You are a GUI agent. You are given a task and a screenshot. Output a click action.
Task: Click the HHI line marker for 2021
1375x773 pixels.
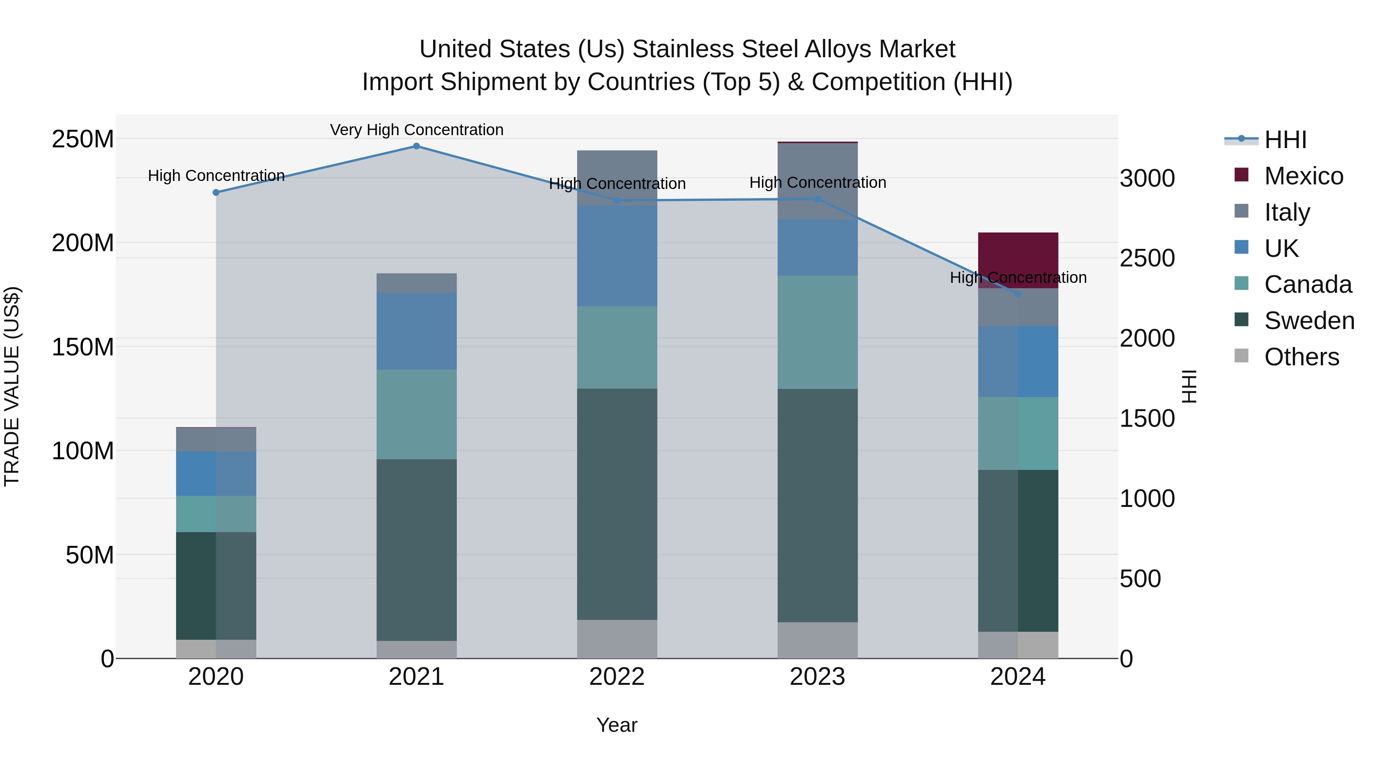coord(416,146)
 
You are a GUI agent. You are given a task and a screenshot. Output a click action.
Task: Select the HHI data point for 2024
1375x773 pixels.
coord(1017,294)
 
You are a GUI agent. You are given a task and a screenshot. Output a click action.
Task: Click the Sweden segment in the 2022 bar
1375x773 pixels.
coord(617,504)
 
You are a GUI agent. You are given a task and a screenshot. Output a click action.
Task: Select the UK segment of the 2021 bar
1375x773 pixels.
coord(416,331)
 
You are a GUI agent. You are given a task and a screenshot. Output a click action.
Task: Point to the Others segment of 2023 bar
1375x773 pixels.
coord(817,640)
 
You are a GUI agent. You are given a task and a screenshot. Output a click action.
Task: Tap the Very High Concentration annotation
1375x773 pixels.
coord(416,130)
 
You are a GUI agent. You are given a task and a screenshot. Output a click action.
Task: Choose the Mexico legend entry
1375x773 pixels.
coord(1303,176)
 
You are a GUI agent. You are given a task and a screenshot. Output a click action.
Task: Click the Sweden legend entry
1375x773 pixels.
coord(1309,321)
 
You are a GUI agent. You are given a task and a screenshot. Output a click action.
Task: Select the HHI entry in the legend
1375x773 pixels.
coord(1285,140)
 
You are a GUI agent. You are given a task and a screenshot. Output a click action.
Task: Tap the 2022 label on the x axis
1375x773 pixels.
coord(617,677)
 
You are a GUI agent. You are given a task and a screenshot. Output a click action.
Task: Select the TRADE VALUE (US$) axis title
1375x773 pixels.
coord(12,386)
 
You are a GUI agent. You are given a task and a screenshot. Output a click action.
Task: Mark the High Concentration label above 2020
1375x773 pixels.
coord(216,176)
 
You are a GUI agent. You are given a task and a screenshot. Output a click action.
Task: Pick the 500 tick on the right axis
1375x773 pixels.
coord(1140,579)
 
